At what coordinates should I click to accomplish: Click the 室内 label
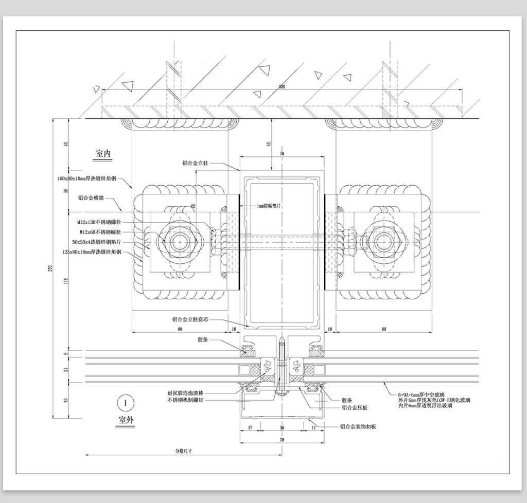tap(103, 153)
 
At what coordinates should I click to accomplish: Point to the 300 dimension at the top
tap(282, 86)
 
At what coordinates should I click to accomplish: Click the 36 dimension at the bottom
tap(282, 428)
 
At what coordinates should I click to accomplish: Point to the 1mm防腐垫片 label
tap(271, 206)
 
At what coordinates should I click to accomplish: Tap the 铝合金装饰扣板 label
tap(358, 426)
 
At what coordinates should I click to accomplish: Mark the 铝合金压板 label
tap(355, 407)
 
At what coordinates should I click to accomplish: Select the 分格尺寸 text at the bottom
tap(183, 450)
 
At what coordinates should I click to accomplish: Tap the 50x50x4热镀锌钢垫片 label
tap(97, 242)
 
